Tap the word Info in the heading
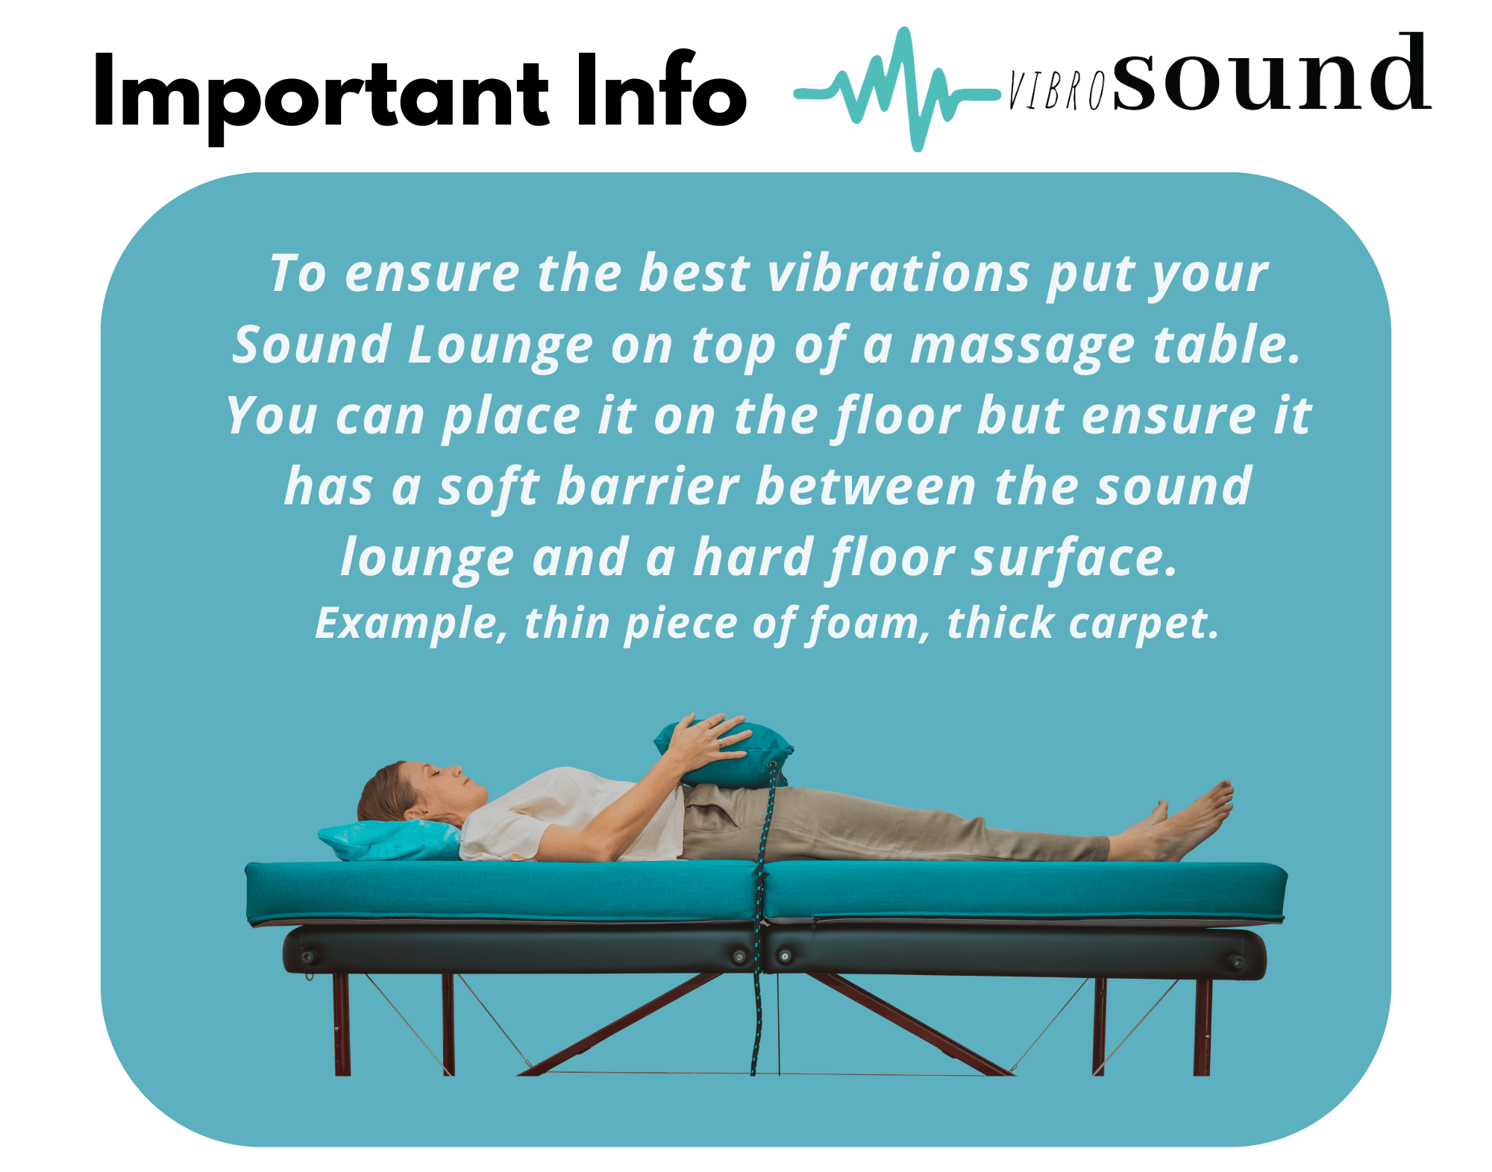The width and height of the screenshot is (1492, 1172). click(661, 90)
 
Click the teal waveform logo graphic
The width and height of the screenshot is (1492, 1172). click(897, 90)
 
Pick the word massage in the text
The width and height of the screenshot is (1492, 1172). click(1023, 347)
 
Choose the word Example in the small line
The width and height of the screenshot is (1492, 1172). click(410, 624)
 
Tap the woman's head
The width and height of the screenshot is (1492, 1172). click(418, 792)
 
